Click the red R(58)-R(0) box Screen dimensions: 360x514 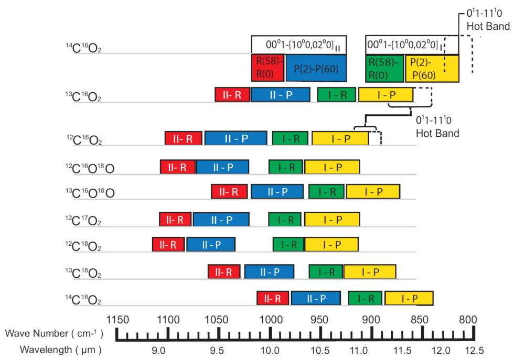click(268, 68)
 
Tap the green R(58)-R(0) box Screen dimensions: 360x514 click(384, 68)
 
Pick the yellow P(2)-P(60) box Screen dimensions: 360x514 click(432, 68)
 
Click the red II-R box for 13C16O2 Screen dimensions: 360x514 click(232, 95)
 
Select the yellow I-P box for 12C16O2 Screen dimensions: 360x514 click(340, 138)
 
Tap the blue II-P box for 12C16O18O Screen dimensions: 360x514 click(222, 167)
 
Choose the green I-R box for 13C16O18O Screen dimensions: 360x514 click(326, 192)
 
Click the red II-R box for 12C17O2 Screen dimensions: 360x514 click(175, 219)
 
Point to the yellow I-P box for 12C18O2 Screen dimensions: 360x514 click(331, 244)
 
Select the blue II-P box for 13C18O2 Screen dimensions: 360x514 click(269, 271)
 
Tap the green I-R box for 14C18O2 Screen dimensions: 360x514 click(365, 298)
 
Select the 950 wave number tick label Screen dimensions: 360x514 click(320, 319)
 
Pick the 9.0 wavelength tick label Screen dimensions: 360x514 click(159, 350)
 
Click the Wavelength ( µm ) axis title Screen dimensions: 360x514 click(60, 349)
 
